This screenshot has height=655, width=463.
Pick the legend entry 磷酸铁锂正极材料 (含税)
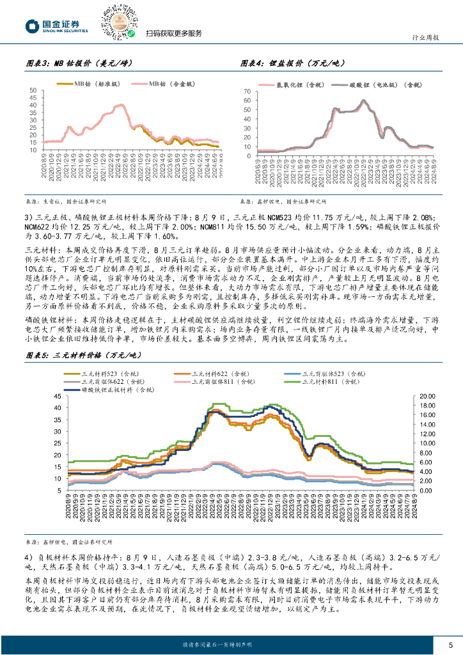109,389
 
